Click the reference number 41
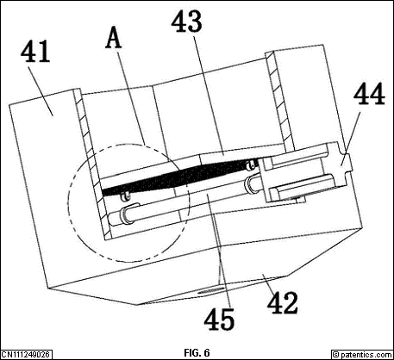35,51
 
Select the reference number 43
186,22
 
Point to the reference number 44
369,94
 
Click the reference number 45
219,319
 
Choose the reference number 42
282,303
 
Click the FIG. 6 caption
197,352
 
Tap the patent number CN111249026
26,354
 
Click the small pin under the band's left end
124,196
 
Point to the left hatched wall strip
91,164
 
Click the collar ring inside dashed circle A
128,214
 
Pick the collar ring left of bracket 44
252,183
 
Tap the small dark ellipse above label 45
211,291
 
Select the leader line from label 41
42,90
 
